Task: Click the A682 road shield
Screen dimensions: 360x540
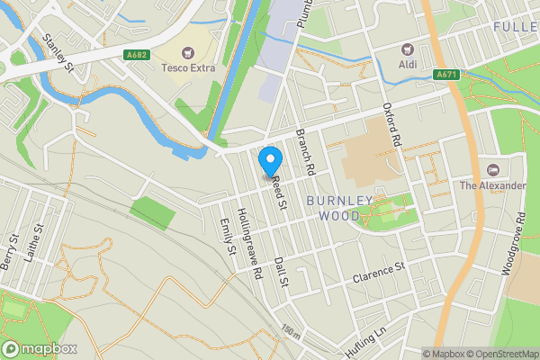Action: click(137, 55)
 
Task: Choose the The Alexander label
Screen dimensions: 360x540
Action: click(492, 185)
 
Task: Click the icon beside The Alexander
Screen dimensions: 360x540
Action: click(492, 169)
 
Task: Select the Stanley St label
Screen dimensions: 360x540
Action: click(57, 52)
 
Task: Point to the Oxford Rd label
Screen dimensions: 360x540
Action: click(391, 124)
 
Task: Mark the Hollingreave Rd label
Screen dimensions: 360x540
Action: click(247, 243)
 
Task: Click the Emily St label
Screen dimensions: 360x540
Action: click(227, 236)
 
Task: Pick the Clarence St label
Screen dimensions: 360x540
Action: click(379, 271)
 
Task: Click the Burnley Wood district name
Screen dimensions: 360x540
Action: click(339, 208)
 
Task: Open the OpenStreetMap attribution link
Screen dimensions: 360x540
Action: click(499, 354)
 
